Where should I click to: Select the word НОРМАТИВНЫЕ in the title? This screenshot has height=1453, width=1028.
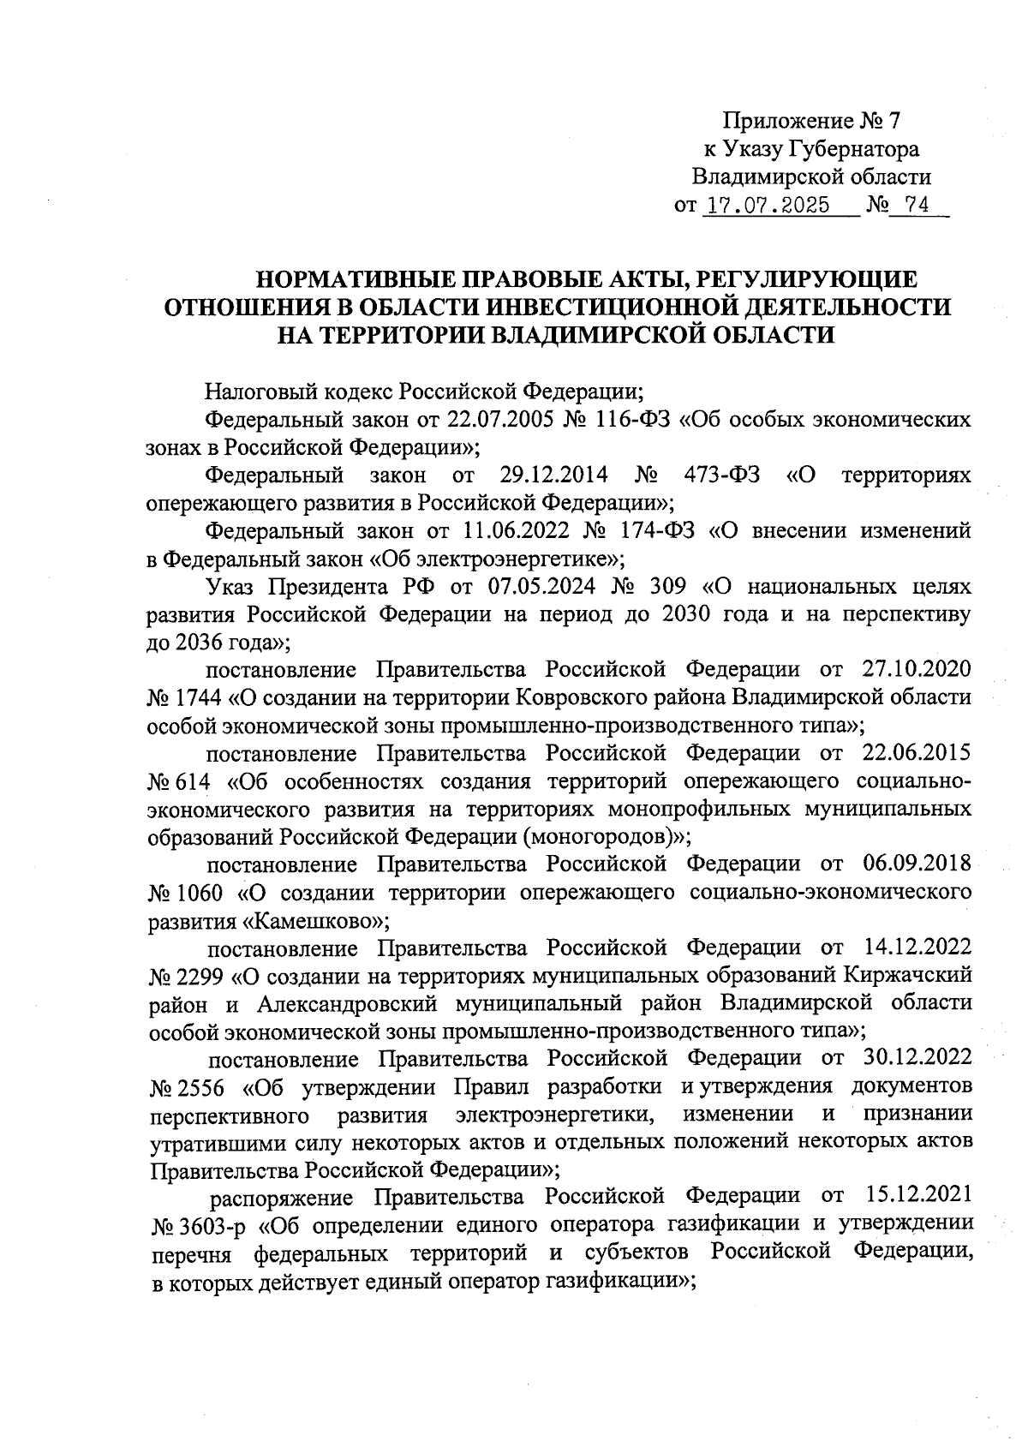[358, 279]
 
